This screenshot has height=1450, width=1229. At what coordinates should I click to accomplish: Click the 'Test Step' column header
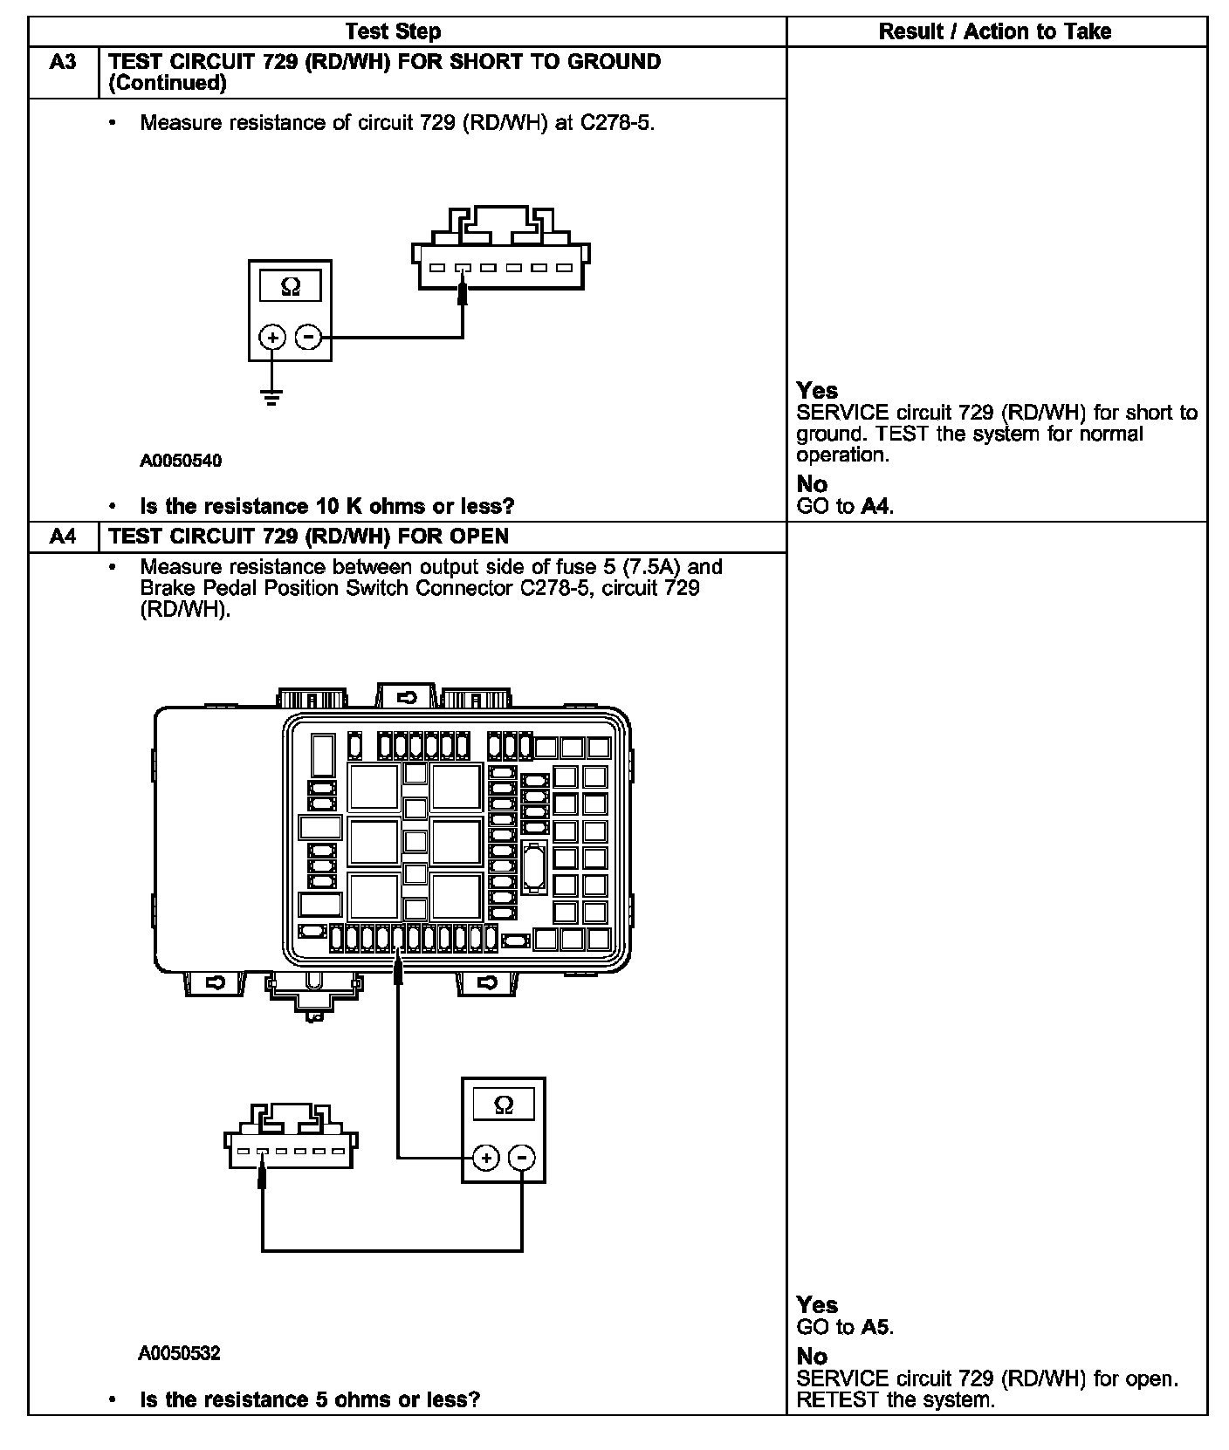[x=393, y=32]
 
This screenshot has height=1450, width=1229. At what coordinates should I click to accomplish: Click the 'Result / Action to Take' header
[x=994, y=32]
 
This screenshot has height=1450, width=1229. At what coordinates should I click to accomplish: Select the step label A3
[x=63, y=62]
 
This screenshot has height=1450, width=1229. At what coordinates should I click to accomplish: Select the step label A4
[x=63, y=536]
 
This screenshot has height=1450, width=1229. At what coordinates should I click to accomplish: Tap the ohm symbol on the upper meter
[x=291, y=287]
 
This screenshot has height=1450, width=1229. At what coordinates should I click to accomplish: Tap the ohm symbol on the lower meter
[x=504, y=1105]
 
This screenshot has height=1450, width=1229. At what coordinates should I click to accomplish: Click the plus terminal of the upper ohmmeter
[x=273, y=338]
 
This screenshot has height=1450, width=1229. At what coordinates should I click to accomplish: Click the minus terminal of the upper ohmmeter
[x=308, y=338]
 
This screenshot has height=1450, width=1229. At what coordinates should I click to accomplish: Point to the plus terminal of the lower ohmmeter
[x=486, y=1158]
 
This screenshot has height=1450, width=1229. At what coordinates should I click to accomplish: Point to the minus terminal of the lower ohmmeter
[x=521, y=1158]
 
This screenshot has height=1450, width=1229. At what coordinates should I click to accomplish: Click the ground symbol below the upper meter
[x=272, y=399]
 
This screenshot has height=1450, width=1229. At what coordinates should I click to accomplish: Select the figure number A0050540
[x=181, y=461]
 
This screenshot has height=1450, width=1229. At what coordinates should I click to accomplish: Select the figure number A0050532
[x=179, y=1353]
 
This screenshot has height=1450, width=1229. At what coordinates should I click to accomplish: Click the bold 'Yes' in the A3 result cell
[x=817, y=391]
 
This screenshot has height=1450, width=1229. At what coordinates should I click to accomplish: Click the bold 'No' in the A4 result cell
[x=812, y=1356]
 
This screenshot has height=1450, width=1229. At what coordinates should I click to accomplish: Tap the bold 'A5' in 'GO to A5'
[x=875, y=1327]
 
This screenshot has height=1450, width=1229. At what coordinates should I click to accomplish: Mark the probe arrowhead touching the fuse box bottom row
[x=398, y=968]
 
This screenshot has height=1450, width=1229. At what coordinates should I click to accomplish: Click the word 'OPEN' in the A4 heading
[x=478, y=536]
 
